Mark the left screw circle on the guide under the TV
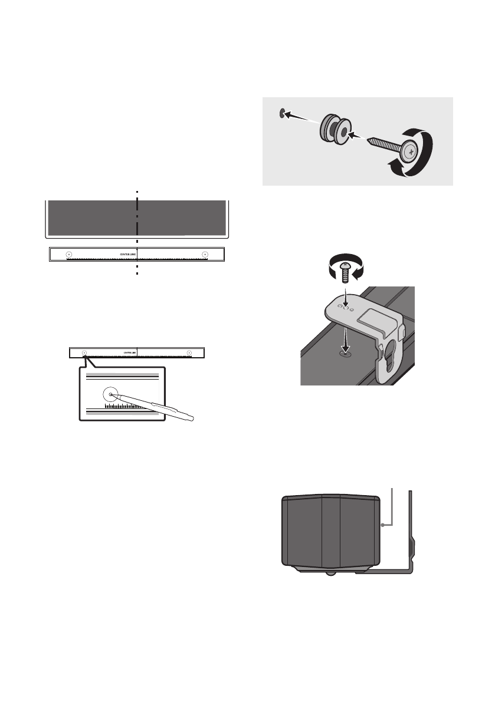(68, 255)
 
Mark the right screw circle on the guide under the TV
(205, 255)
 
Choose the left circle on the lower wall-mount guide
(84, 352)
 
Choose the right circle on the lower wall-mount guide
(189, 352)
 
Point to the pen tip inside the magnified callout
(112, 395)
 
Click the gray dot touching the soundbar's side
(383, 523)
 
